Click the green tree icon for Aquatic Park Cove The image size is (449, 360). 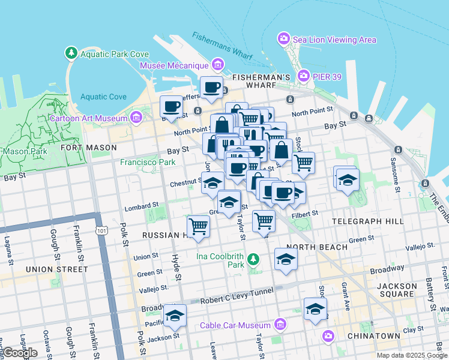pos(72,53)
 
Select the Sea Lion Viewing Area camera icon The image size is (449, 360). pos(283,39)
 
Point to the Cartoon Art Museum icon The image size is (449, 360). pos(136,117)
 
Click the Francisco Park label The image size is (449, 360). pos(148,162)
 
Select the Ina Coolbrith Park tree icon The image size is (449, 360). pos(254,259)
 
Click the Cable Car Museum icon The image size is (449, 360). pos(279,325)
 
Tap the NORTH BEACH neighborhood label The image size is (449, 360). pos(317,247)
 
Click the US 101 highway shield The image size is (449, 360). pos(100,230)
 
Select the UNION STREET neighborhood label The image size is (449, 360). pos(53,270)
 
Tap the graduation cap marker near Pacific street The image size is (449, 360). pos(175,316)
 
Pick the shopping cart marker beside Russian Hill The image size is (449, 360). pos(198,227)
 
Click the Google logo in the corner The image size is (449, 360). pos(20,352)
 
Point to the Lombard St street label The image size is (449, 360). pos(142,208)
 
